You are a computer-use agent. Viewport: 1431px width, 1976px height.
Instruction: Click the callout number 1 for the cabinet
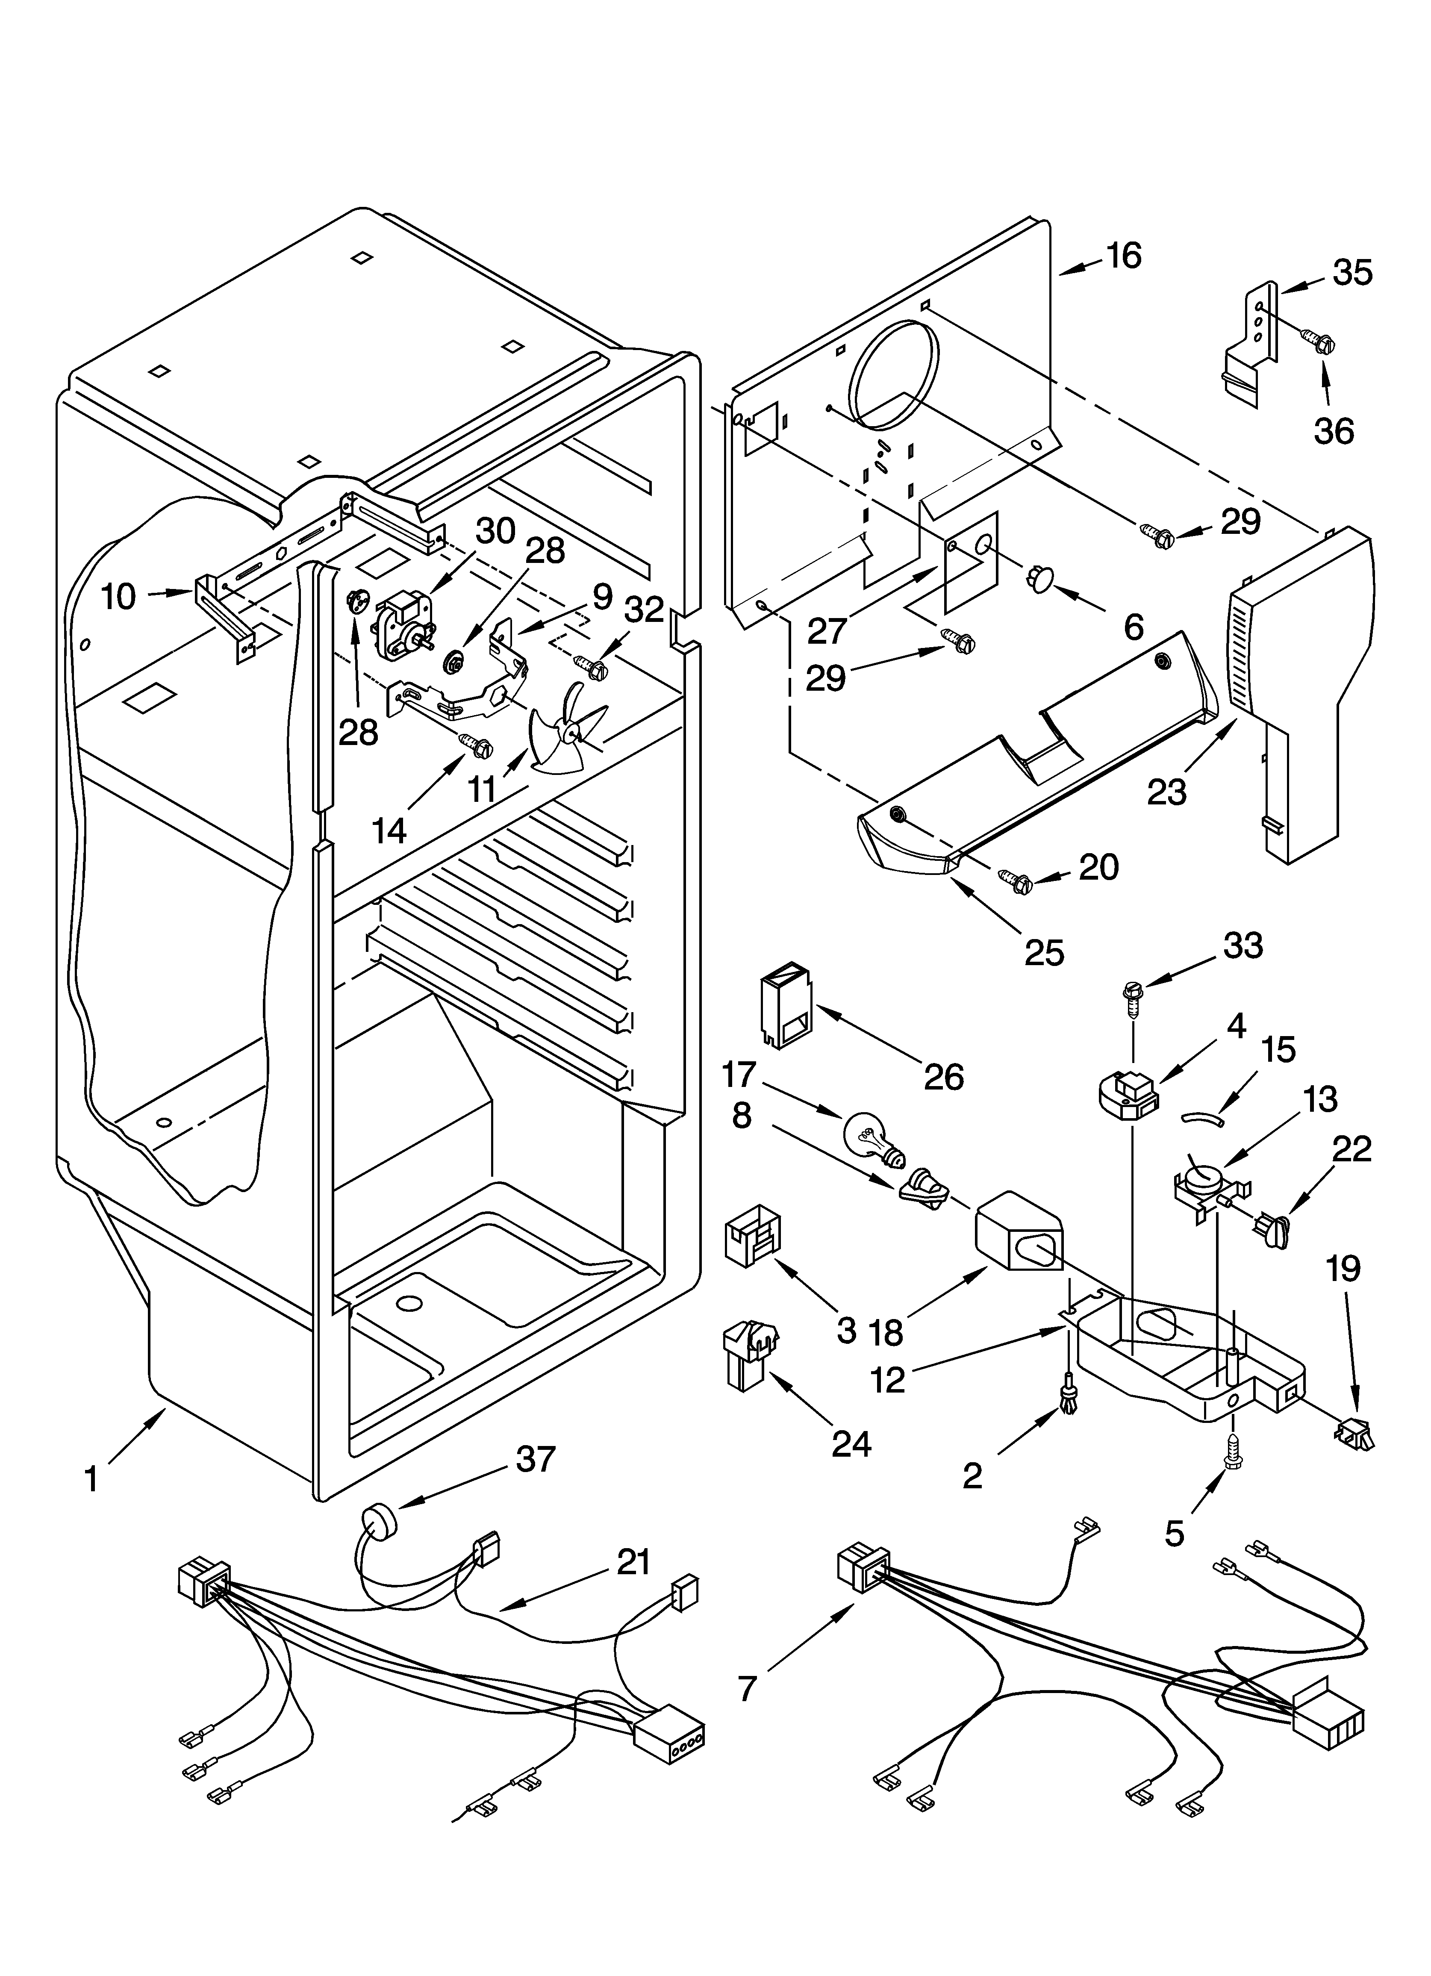(x=91, y=1479)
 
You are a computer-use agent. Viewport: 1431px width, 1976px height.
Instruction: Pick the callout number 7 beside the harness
(x=747, y=1687)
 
